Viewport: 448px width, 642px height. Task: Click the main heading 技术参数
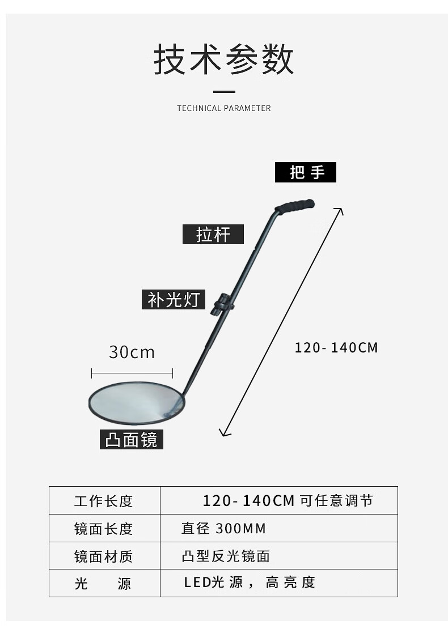tap(224, 60)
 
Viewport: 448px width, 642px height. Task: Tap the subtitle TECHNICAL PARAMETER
tap(224, 108)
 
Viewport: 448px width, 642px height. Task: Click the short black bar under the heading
tap(224, 91)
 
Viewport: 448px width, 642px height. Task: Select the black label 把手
tap(306, 172)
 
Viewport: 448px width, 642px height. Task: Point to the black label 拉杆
tap(213, 234)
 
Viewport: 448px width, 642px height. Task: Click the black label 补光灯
tap(174, 300)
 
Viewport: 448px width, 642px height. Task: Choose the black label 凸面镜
tap(132, 439)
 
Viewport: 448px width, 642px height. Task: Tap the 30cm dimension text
tap(132, 352)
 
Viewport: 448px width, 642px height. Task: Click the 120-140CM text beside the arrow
tap(336, 347)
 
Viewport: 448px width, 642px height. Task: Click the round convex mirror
tap(136, 403)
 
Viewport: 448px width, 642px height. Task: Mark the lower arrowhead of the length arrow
tap(223, 433)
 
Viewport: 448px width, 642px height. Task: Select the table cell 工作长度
tap(104, 501)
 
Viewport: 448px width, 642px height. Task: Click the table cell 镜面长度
tap(104, 529)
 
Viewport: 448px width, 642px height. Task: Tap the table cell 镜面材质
tap(104, 556)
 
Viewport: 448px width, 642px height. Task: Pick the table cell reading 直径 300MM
tap(223, 529)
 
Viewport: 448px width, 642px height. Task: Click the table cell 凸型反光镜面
tap(226, 556)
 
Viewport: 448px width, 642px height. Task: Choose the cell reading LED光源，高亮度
tap(249, 583)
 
